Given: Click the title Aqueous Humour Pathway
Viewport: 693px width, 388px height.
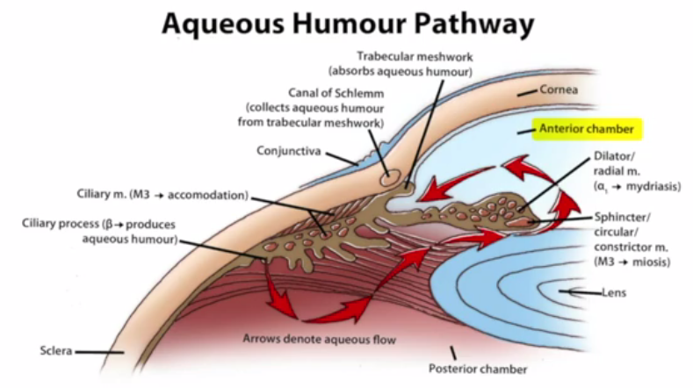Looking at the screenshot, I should click(x=346, y=24).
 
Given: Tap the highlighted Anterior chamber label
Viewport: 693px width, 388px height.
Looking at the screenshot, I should click(x=587, y=129).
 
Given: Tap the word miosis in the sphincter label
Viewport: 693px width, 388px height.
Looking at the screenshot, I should click(x=651, y=262).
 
